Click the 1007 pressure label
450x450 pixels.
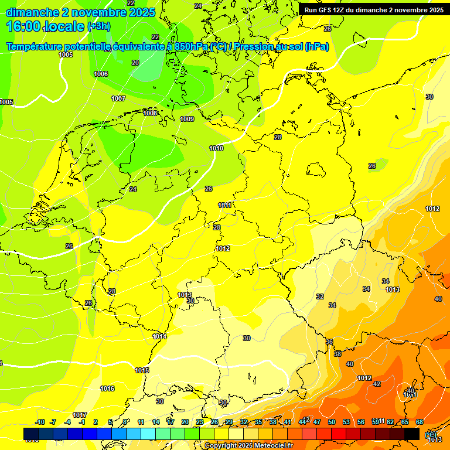click(118, 98)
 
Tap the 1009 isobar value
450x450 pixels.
click(187, 119)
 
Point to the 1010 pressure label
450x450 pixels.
click(216, 148)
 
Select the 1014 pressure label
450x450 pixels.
click(159, 336)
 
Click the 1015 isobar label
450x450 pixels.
click(142, 370)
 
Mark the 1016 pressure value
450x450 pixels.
click(107, 388)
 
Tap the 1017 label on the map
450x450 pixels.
click(80, 415)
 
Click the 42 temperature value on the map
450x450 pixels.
click(377, 384)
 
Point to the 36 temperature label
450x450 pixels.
click(329, 342)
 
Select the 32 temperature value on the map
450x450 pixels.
click(320, 296)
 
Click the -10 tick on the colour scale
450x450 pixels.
click(40, 422)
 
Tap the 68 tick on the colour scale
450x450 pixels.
click(420, 422)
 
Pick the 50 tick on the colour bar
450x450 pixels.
click(332, 422)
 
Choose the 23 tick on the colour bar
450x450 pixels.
click(200, 422)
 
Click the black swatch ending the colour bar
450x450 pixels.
click(412, 434)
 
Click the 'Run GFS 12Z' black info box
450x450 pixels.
click(374, 10)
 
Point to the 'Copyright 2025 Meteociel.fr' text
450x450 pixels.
click(249, 446)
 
